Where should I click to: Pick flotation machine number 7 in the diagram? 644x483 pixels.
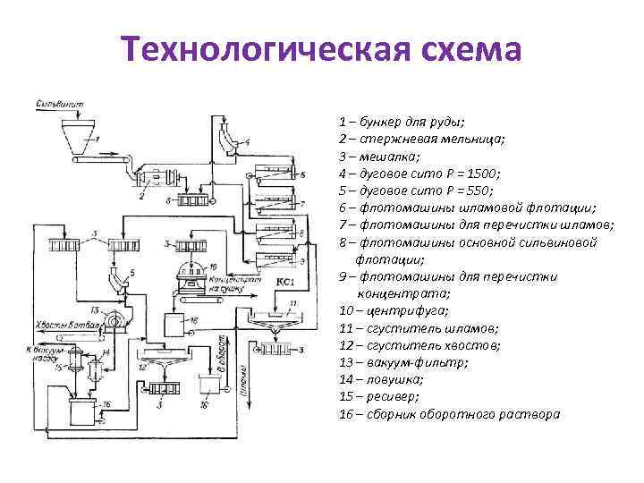(x=282, y=206)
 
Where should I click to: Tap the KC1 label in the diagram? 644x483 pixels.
(x=285, y=283)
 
